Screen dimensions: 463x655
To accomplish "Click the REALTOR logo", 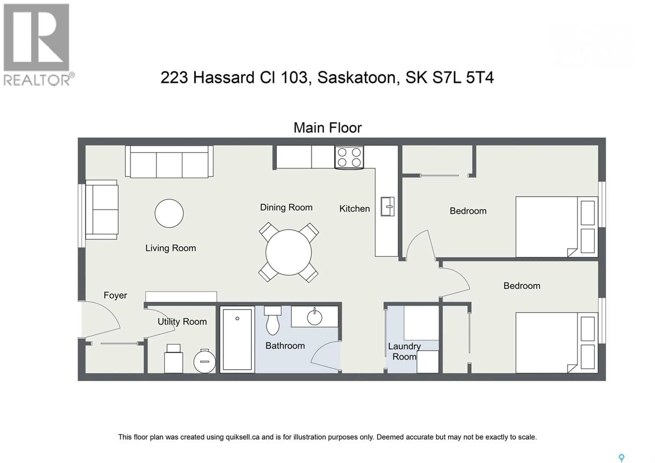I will point(37,44).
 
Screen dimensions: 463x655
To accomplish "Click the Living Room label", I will point(171,248).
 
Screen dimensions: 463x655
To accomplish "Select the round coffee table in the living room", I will point(169,213).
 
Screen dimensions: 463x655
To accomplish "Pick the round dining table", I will point(288,252).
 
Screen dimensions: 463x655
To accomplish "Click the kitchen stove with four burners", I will point(349,157).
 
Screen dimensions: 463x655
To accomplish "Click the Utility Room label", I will point(182,322).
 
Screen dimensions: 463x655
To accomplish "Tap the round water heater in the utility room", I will point(205,362).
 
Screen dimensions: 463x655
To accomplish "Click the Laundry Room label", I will point(404,351).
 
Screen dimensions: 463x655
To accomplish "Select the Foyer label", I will point(115,295).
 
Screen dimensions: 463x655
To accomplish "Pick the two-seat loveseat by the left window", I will point(102,209).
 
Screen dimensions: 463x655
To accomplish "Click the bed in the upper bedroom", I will point(556,227).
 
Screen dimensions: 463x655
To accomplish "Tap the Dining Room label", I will point(286,207).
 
